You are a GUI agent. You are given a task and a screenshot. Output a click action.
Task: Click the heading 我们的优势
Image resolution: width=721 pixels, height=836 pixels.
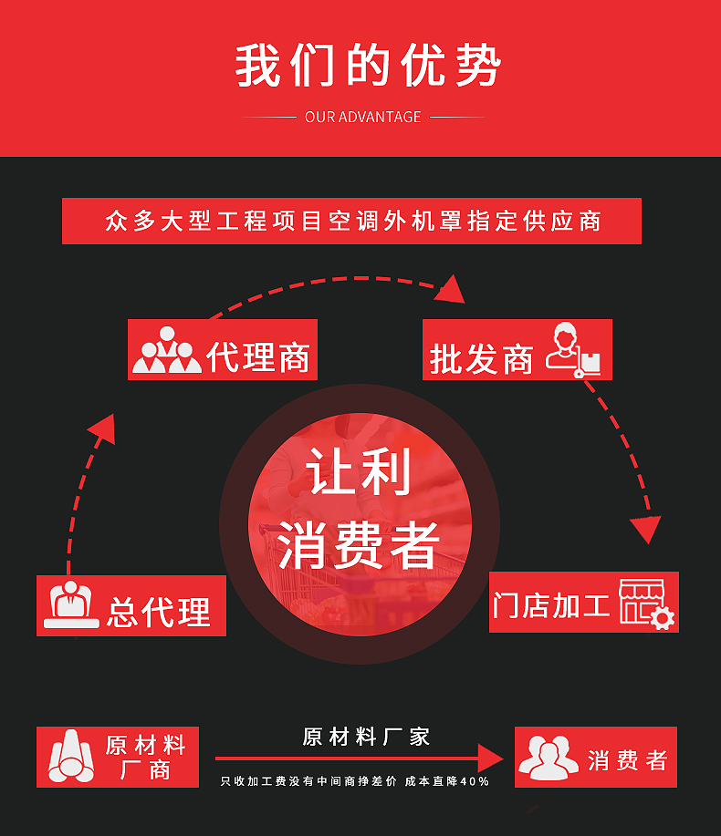368,65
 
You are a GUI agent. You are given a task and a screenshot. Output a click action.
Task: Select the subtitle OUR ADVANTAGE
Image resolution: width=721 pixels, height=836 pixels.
363,117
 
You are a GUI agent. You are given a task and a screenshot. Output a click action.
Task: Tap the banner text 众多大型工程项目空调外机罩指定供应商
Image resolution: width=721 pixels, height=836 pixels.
352,222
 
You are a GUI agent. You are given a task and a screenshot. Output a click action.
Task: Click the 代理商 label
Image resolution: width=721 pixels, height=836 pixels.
258,355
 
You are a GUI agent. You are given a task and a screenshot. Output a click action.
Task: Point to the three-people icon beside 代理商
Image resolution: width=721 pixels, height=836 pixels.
167,350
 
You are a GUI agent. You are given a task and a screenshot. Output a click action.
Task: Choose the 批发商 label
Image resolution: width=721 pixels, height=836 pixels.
481,359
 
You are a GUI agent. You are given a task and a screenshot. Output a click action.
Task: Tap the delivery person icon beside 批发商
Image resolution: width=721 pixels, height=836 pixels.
574,350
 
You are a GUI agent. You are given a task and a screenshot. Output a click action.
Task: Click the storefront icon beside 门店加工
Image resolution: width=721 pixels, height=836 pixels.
645,603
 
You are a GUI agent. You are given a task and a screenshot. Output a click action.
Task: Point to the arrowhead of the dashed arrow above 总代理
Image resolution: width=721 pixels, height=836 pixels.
103,428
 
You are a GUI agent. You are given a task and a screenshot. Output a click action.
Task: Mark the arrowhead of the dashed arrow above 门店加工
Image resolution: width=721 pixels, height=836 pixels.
647,528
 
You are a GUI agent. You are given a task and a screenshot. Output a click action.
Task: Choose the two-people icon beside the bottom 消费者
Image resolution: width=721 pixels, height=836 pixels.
548,758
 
